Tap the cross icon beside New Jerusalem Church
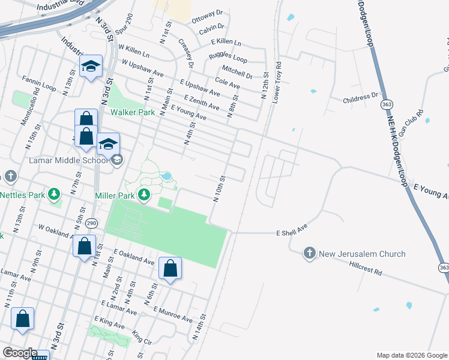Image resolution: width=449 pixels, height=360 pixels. pos(310,254)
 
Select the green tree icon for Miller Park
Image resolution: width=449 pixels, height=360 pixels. pos(144,194)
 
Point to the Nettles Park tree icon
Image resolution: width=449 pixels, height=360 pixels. pos(55,194)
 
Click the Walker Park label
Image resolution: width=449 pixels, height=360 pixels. pos(131,112)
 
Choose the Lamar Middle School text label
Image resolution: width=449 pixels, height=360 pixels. pos(68,160)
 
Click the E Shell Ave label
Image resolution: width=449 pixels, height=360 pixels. pos(292,230)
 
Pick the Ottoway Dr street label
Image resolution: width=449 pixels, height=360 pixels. pos(207,16)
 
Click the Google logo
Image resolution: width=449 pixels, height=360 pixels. pos(20,353)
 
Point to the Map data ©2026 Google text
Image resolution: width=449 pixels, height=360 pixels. pos(411,355)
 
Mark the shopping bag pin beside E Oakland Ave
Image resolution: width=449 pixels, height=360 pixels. pos(170,269)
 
